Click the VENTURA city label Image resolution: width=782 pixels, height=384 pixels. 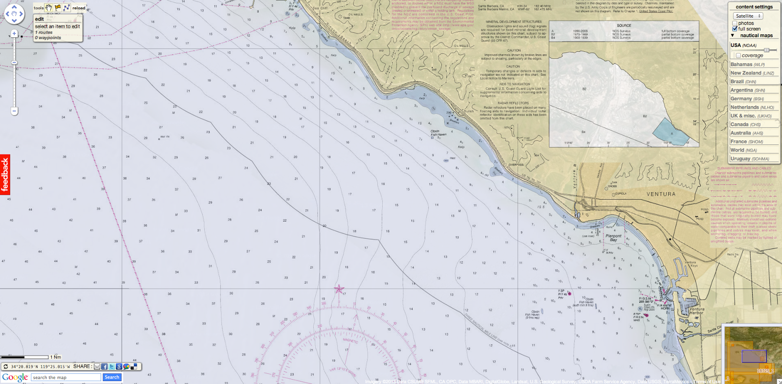[x=661, y=194]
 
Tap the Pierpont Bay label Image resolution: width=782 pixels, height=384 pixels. [x=613, y=238]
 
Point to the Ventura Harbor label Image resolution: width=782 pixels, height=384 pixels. [x=697, y=311]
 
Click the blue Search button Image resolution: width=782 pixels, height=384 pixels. [x=112, y=377]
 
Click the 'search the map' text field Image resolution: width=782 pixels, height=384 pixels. [x=66, y=377]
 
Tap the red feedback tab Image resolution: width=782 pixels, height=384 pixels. [x=5, y=175]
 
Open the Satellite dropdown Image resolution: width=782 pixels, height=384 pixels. [x=748, y=16]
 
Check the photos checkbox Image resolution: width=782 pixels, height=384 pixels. [x=735, y=23]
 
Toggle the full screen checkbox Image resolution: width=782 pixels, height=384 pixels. [x=735, y=29]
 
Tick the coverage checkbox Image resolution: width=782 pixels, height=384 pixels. [x=738, y=55]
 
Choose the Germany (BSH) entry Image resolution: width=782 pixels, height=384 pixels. [x=747, y=99]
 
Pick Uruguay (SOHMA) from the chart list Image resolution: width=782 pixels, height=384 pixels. [x=749, y=158]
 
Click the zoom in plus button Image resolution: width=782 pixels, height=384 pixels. [x=14, y=34]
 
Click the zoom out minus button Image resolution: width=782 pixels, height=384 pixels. [x=14, y=111]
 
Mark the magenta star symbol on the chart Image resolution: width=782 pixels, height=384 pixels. [x=339, y=289]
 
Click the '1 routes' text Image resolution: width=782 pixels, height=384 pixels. [x=44, y=32]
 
